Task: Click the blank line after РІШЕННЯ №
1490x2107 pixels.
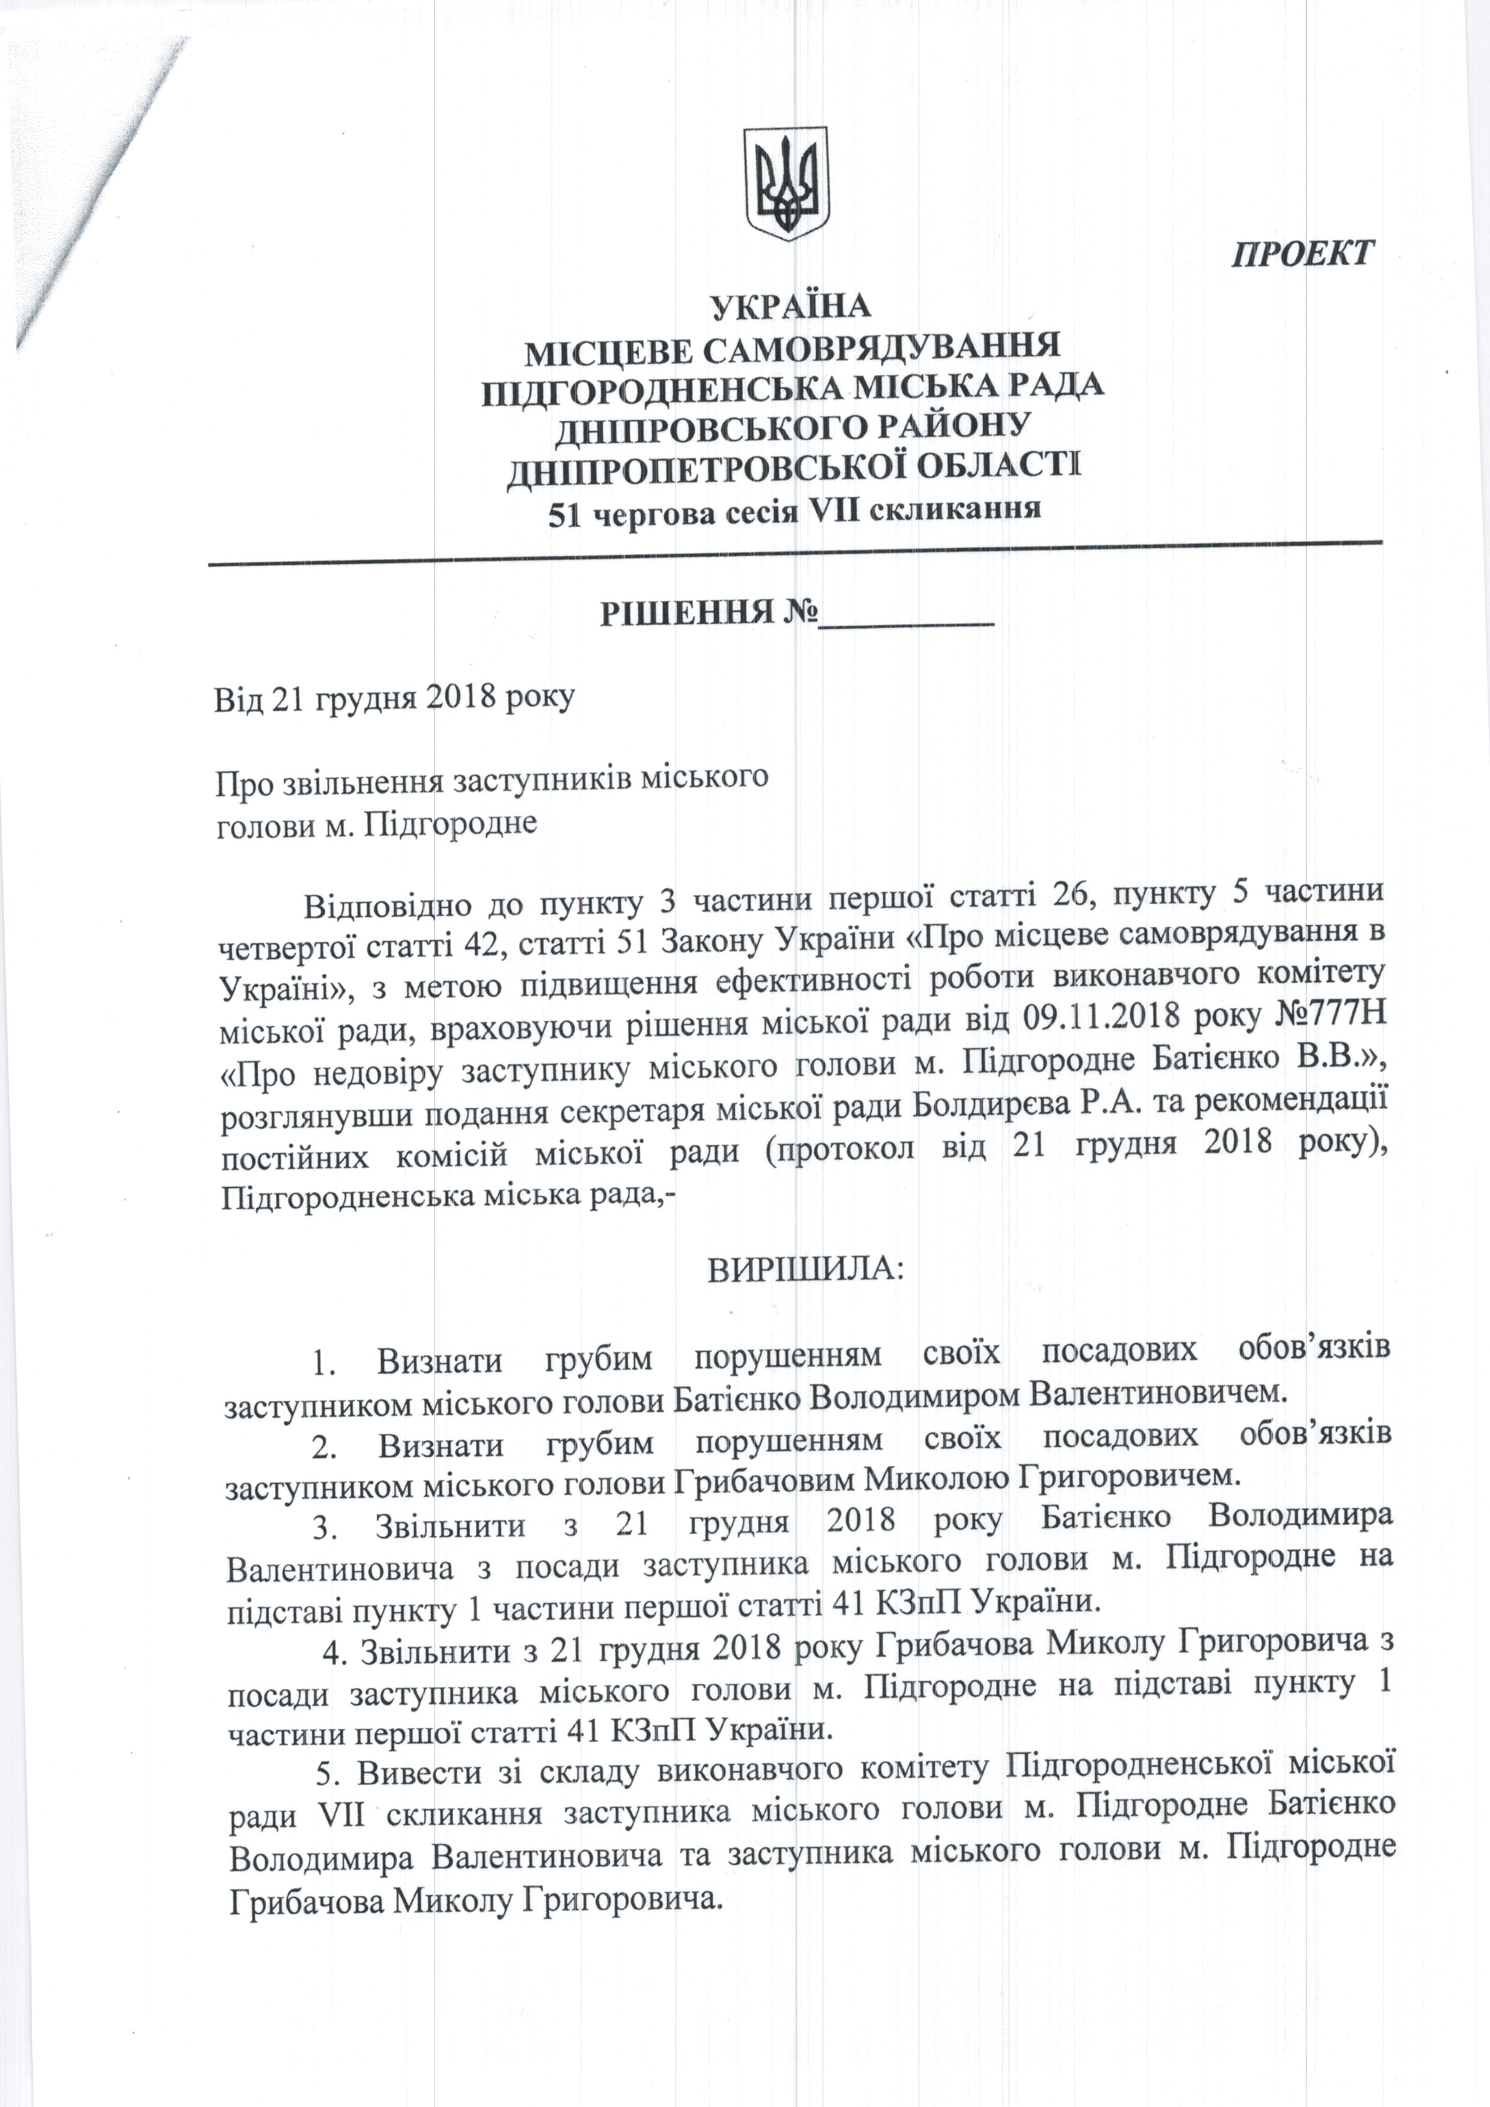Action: pyautogui.click(x=907, y=617)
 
